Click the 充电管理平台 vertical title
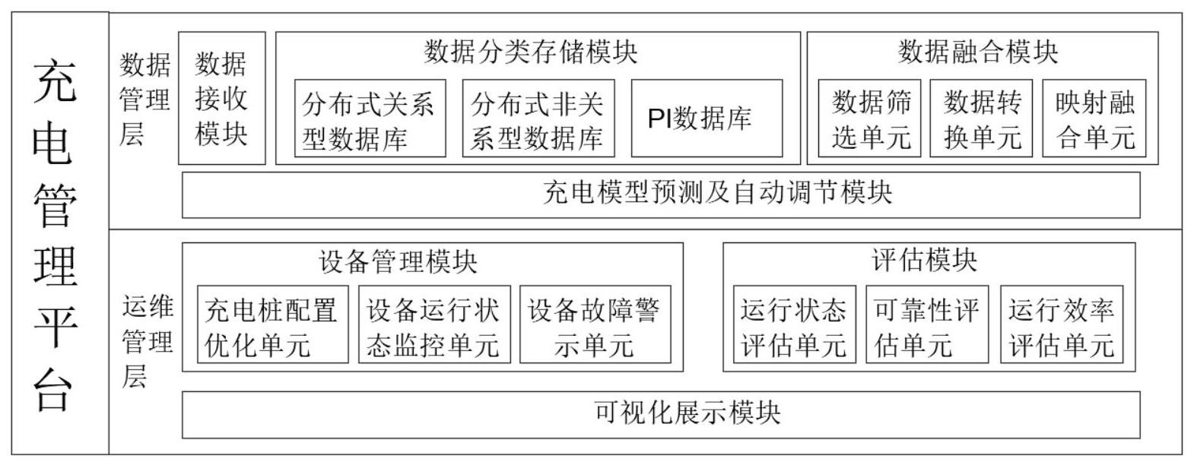click(x=55, y=235)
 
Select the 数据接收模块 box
click(x=222, y=98)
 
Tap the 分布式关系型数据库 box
click(x=370, y=119)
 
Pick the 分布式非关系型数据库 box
click(x=538, y=119)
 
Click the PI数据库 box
click(x=707, y=119)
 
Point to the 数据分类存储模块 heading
click(x=530, y=52)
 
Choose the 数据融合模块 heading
click(x=978, y=52)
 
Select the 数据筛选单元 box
click(x=869, y=119)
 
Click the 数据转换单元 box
click(x=981, y=119)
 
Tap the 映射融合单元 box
click(x=1094, y=119)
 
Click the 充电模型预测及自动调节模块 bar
click(x=661, y=195)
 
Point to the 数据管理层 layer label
click(x=144, y=99)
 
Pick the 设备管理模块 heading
click(x=398, y=261)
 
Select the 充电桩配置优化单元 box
click(x=273, y=324)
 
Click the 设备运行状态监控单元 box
click(x=434, y=324)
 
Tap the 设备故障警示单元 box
click(x=595, y=324)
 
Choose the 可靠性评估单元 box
click(x=927, y=324)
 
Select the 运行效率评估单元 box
click(x=1062, y=324)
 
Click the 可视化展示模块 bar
click(x=661, y=415)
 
